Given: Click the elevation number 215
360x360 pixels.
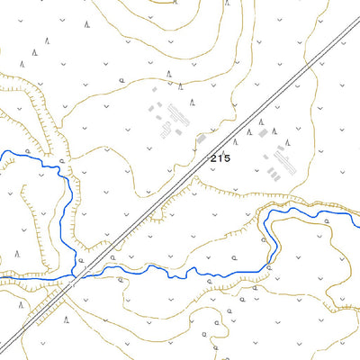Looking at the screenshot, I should pos(220,158).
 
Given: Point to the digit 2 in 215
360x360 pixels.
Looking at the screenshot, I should pos(214,158).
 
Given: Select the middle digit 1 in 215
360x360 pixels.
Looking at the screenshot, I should pos(220,158).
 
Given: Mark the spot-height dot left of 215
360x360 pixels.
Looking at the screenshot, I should pos(208,158).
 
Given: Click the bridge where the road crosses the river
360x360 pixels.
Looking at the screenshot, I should pos(76,273).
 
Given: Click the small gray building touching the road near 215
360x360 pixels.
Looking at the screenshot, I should pos(201,138).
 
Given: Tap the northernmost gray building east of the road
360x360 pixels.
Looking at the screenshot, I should pos(262,132).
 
